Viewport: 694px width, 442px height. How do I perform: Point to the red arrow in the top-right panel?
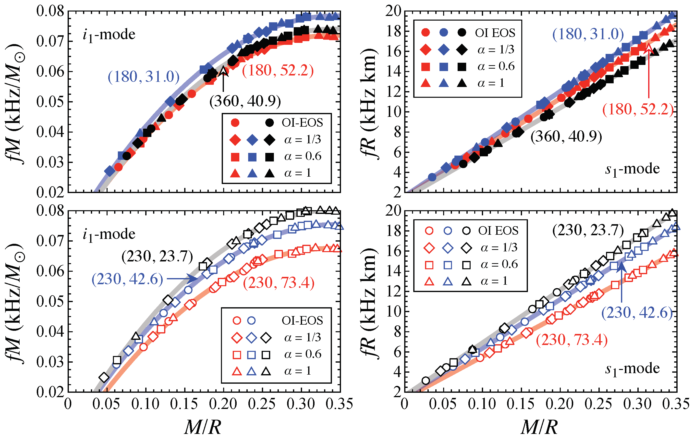tap(649, 72)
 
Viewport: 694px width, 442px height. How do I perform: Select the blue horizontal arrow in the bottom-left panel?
tap(182, 279)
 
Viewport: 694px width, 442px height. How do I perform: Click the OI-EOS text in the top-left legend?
tap(302, 123)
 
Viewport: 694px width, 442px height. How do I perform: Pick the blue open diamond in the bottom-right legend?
tap(448, 248)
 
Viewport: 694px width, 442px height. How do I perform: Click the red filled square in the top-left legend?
tap(235, 157)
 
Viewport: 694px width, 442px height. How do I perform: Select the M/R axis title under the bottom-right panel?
tap(539, 427)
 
